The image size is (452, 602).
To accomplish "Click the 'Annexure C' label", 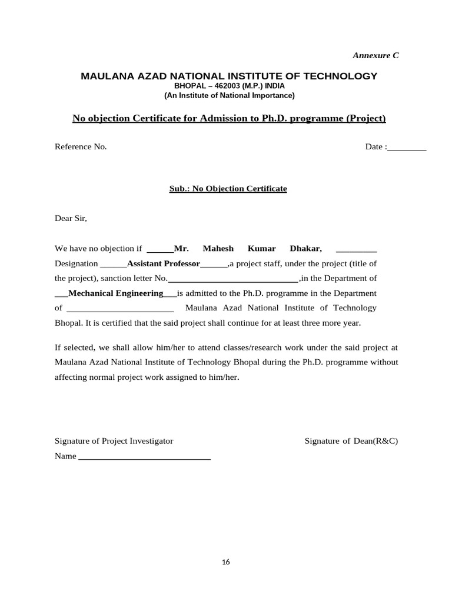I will (375, 55).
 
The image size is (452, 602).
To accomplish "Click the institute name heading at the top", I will (229, 76).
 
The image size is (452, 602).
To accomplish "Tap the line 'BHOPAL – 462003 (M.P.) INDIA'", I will (229, 86).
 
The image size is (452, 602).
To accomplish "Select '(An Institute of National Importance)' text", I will (229, 95).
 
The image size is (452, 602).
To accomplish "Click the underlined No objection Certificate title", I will (229, 119).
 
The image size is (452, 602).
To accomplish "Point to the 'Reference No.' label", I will (81, 146).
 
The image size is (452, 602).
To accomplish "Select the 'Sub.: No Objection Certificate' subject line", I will (228, 189).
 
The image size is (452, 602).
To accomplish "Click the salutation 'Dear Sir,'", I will (71, 218).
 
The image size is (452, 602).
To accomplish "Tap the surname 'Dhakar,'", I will (306, 248).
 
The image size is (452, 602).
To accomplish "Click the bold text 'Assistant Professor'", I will (164, 263).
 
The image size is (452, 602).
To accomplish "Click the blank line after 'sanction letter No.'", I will (233, 279).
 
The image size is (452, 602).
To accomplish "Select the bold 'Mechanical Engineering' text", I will (116, 293).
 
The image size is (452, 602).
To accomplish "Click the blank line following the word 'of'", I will (120, 309).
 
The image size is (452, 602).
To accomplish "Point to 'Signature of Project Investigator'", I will (114, 441).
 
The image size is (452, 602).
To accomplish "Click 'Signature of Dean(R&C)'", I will (351, 441).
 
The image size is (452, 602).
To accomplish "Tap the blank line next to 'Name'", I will (144, 457).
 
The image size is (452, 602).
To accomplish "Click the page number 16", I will (226, 562).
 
